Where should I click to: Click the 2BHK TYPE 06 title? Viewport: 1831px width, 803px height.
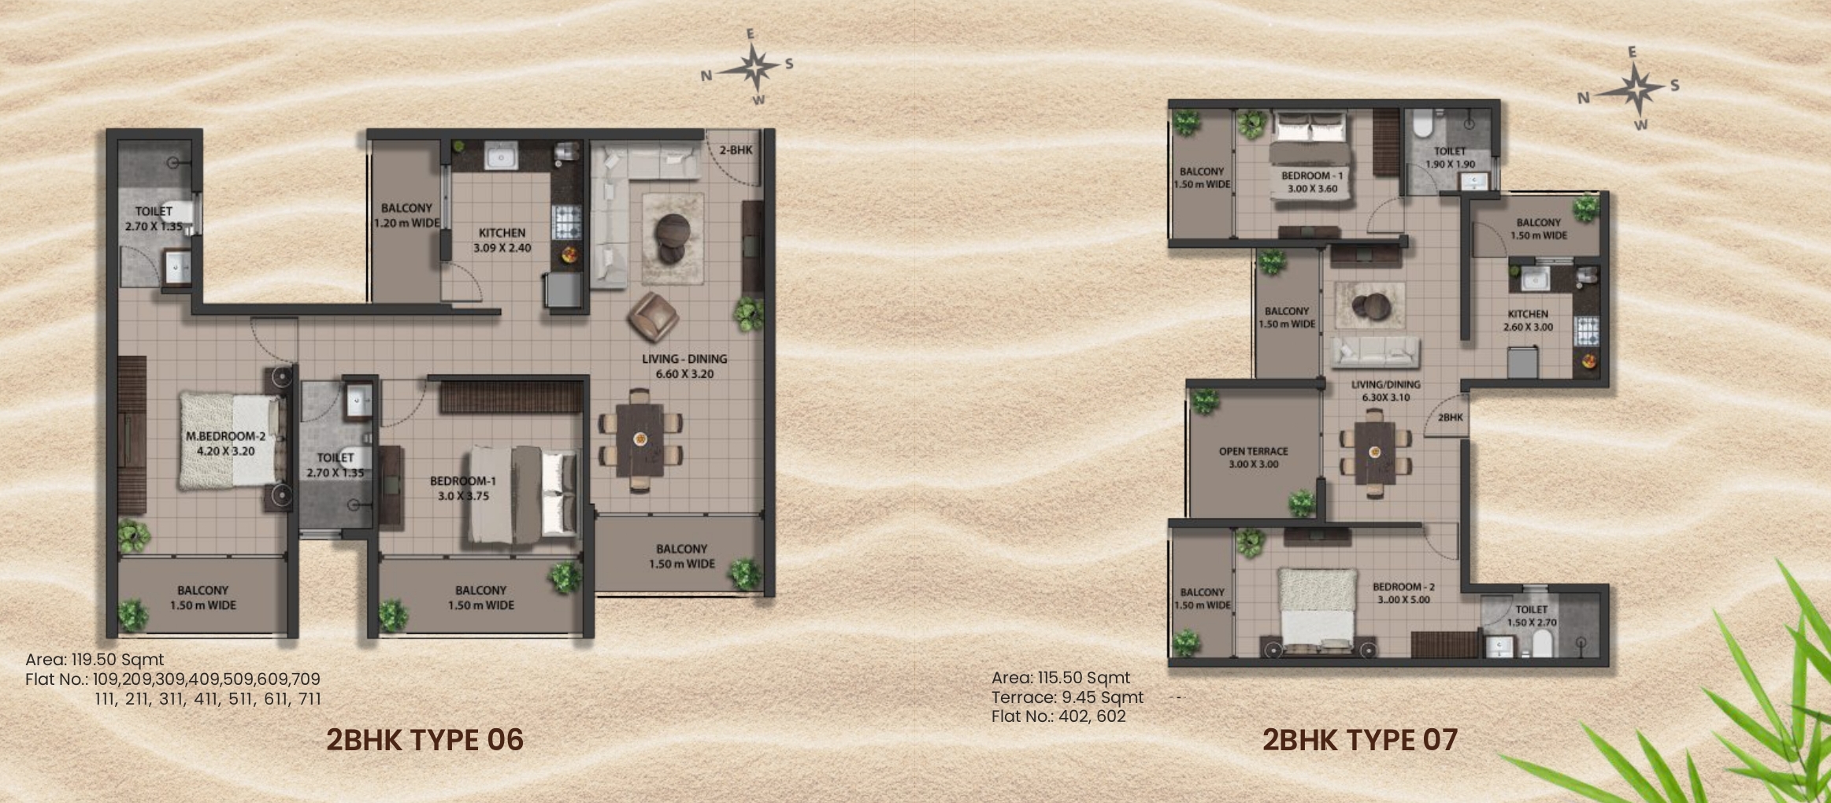(x=424, y=740)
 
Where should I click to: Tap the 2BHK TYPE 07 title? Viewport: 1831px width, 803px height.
(x=1360, y=740)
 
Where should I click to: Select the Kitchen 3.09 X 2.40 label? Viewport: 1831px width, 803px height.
(x=502, y=240)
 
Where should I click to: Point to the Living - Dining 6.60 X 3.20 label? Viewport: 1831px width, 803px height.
(x=684, y=366)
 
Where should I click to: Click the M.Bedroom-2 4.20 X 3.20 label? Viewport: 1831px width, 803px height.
(x=226, y=443)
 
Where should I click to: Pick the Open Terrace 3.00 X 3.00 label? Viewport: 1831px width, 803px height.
(x=1254, y=457)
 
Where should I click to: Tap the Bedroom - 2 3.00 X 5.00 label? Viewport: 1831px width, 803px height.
(x=1404, y=593)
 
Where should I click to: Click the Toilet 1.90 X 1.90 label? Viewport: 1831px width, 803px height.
(x=1450, y=157)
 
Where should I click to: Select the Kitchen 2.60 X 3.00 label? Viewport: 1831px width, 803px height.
(x=1528, y=320)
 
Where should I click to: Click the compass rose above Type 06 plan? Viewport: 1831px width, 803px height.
(x=754, y=68)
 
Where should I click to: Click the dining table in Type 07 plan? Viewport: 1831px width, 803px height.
(x=1375, y=452)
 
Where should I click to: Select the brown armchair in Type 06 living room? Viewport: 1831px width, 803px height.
(x=653, y=317)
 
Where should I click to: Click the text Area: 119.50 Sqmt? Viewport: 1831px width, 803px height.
(x=95, y=660)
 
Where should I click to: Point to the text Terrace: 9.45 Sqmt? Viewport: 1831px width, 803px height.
(x=1067, y=698)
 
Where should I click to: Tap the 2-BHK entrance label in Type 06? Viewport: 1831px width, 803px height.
(x=736, y=150)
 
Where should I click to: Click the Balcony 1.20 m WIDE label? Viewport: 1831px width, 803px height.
(x=407, y=215)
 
